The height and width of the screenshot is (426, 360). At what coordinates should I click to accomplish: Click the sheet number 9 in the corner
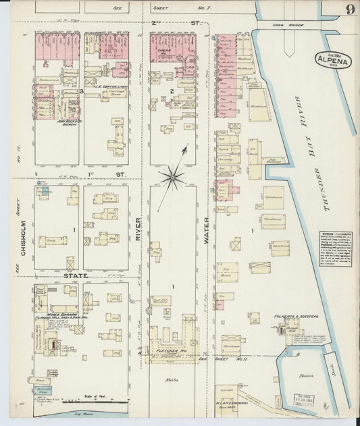[349, 9]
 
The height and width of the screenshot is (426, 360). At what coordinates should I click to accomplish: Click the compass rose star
[172, 178]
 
